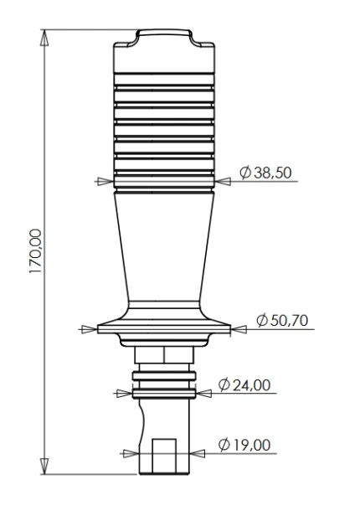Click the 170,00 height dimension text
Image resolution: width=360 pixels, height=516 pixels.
pyautogui.click(x=35, y=251)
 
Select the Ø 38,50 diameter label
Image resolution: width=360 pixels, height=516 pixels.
pyautogui.click(x=265, y=173)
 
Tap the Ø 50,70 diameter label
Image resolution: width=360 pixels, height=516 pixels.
pyautogui.click(x=282, y=320)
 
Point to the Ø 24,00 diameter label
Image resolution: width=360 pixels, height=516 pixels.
pyautogui.click(x=244, y=385)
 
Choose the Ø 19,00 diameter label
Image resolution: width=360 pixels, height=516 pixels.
pyautogui.click(x=244, y=445)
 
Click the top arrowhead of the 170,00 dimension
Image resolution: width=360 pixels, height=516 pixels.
pyautogui.click(x=44, y=38)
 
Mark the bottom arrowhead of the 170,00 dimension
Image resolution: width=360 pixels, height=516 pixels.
pyautogui.click(x=44, y=467)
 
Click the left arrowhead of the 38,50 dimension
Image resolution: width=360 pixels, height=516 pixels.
pyautogui.click(x=105, y=181)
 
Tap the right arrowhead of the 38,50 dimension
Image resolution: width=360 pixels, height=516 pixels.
pyautogui.click(x=223, y=181)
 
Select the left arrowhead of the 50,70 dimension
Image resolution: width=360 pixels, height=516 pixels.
pyautogui.click(x=90, y=329)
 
